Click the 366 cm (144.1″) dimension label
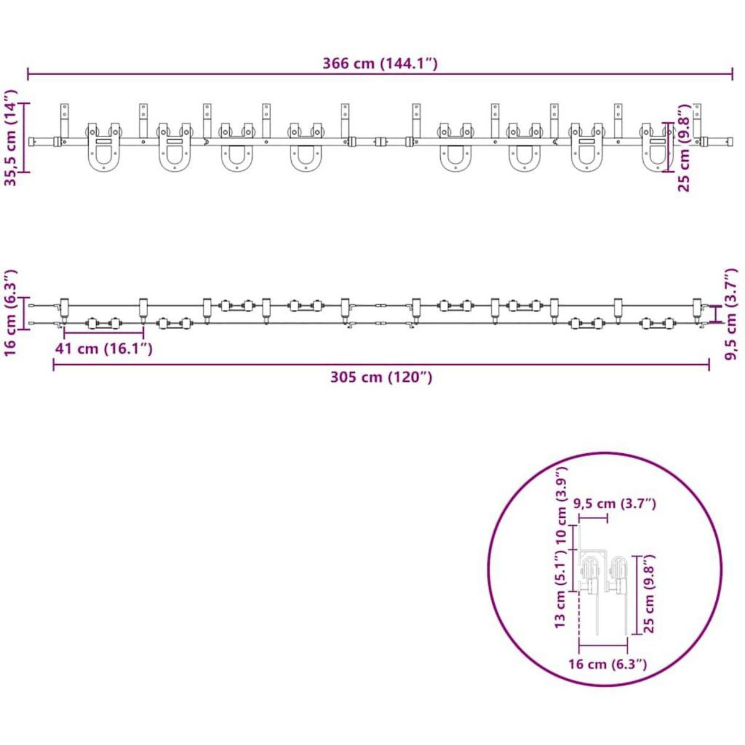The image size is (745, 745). pyautogui.click(x=380, y=63)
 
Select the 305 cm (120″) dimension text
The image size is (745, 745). pyautogui.click(x=381, y=377)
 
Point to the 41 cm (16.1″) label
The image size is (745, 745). pyautogui.click(x=104, y=349)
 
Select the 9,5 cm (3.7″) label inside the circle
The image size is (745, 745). pyautogui.click(x=616, y=503)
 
